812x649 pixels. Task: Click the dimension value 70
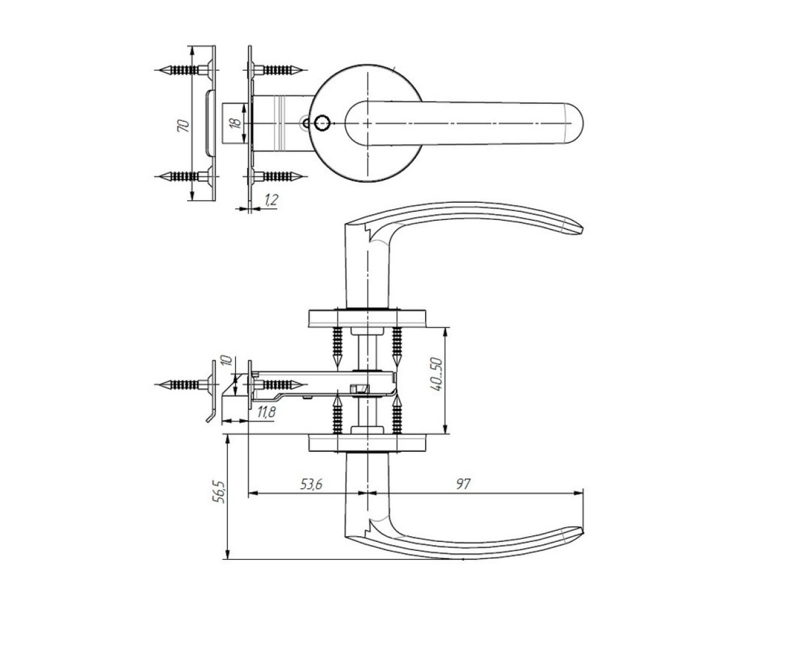184,124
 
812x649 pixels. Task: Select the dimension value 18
236,123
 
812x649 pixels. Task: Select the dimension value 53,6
311,485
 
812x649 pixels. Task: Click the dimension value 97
464,485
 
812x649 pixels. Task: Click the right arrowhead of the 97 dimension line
580,492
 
